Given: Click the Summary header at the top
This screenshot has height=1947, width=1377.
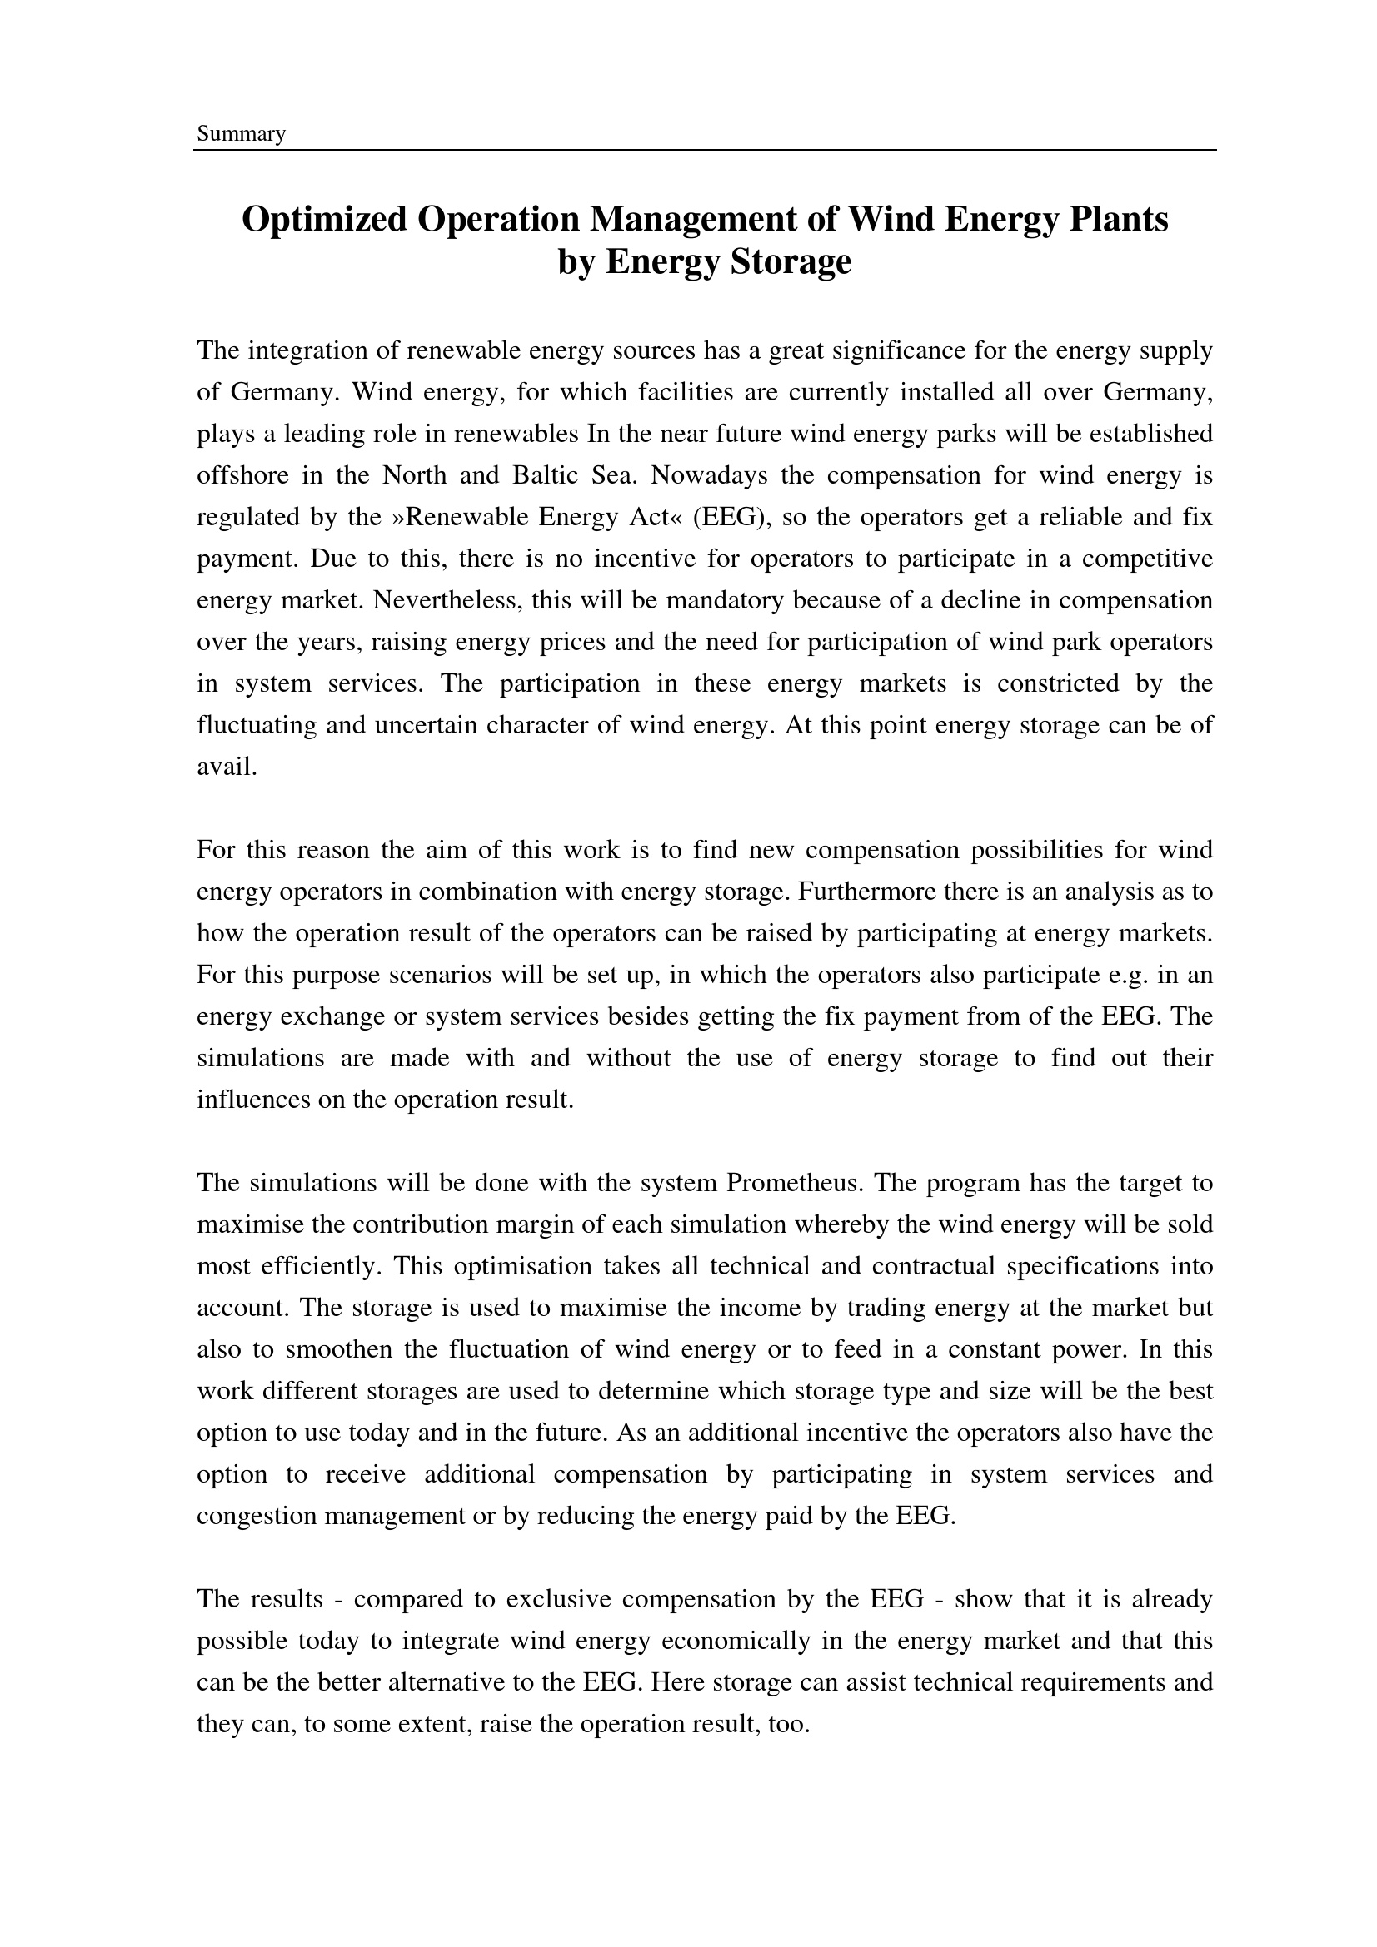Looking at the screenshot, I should [241, 134].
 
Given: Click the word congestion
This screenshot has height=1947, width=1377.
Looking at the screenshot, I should [257, 1516].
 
